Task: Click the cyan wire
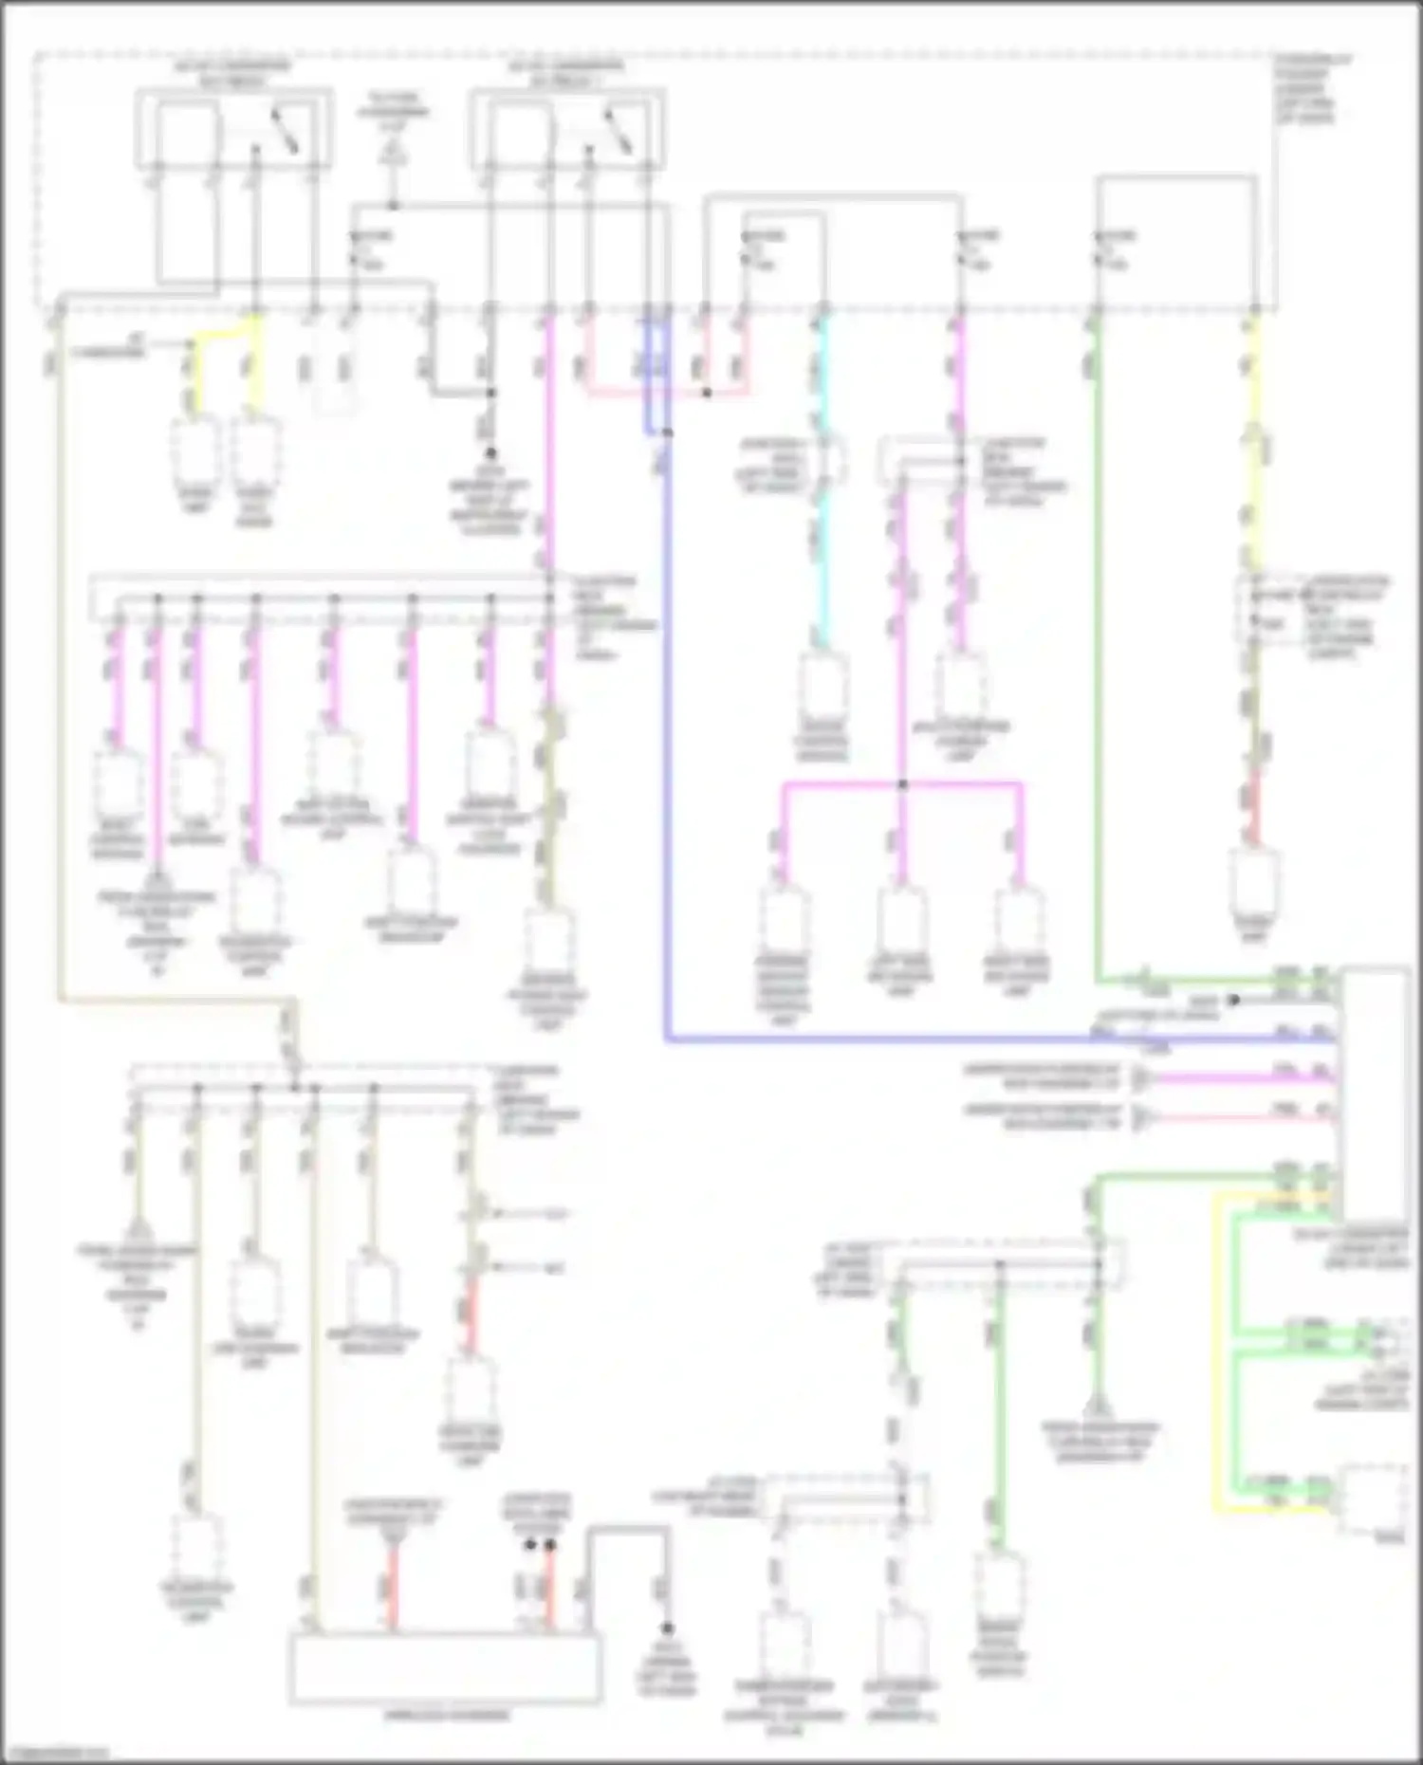pyautogui.click(x=822, y=569)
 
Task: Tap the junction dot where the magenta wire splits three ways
pyautogui.click(x=902, y=784)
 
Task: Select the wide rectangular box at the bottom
pyautogui.click(x=446, y=1667)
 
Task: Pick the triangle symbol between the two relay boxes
pyautogui.click(x=393, y=152)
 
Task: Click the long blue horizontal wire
pyautogui.click(x=949, y=1039)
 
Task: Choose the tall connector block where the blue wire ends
pyautogui.click(x=1373, y=1091)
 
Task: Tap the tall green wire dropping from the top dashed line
pyautogui.click(x=1098, y=664)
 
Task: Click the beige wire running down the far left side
pyautogui.click(x=59, y=664)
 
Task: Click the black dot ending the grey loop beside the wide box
pyautogui.click(x=668, y=1627)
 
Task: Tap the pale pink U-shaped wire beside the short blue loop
pyautogui.click(x=664, y=391)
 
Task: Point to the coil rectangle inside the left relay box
pyautogui.click(x=186, y=131)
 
